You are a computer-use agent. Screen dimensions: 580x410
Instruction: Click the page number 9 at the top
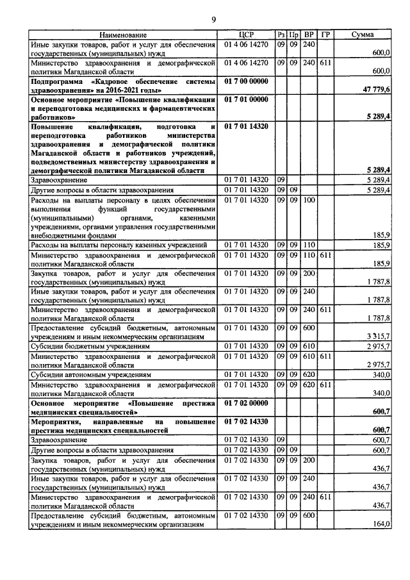pos(213,19)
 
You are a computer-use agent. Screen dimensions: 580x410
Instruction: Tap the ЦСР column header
pos(246,34)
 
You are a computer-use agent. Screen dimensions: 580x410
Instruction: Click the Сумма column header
pos(363,34)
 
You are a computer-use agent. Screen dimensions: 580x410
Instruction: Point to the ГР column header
pos(325,34)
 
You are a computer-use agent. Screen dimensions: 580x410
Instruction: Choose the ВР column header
pos(309,34)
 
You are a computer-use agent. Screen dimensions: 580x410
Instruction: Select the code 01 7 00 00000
pos(246,82)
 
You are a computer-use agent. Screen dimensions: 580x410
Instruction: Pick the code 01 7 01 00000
pos(246,100)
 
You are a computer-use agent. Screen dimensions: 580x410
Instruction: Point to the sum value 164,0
pos(382,524)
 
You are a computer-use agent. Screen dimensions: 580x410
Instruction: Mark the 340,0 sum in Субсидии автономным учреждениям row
pos(382,374)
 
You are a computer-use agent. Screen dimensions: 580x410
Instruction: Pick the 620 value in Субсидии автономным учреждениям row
pos(309,374)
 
